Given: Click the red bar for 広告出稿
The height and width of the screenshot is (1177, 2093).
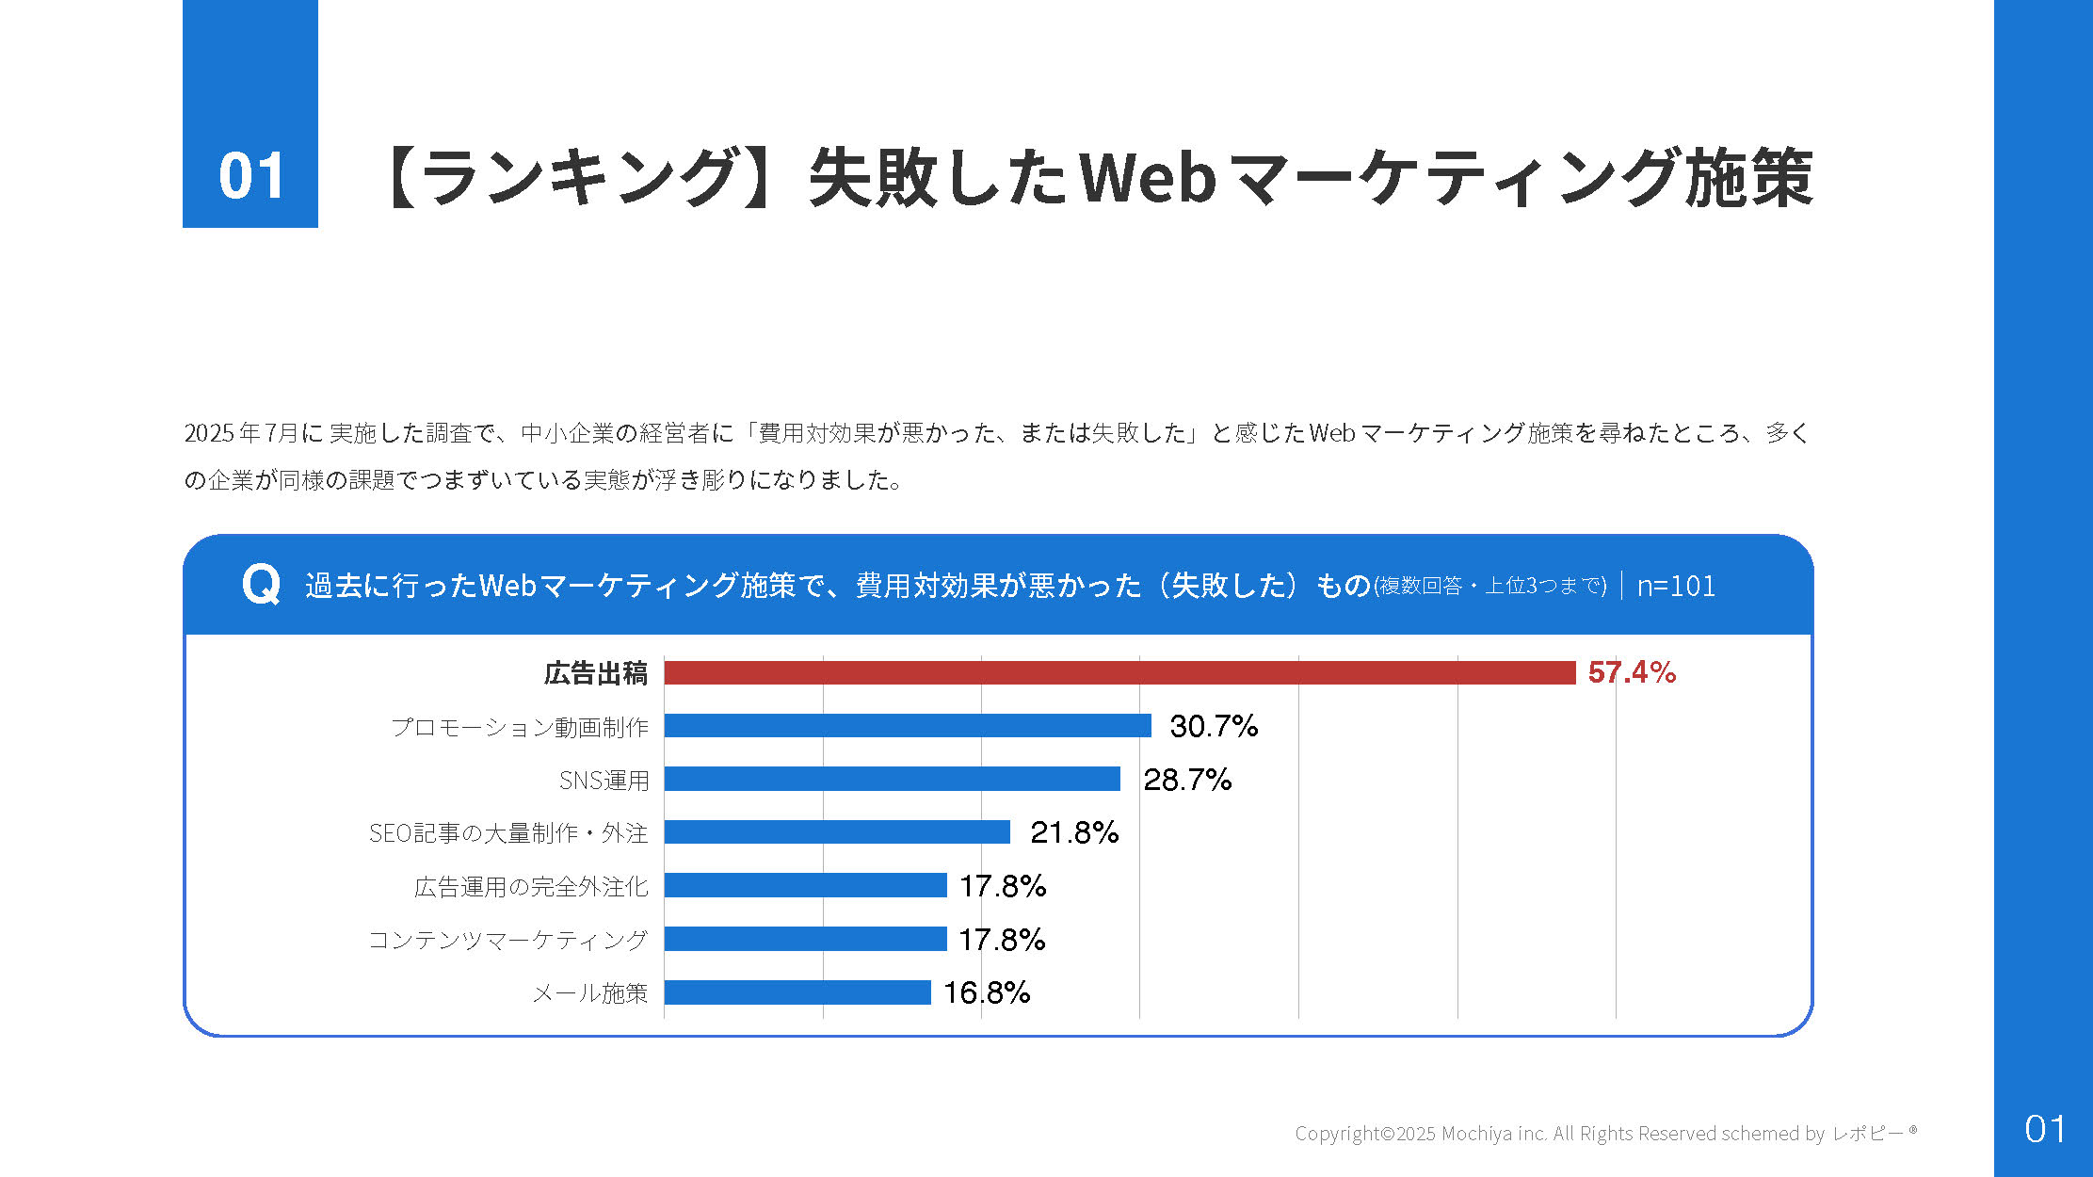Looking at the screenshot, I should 1119,672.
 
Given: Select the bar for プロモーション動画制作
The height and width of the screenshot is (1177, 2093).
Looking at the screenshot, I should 907,726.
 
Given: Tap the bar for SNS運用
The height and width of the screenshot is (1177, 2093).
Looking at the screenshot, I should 892,779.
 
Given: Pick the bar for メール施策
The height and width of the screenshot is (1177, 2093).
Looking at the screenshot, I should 797,992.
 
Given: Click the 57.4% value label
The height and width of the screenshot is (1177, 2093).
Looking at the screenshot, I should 1631,672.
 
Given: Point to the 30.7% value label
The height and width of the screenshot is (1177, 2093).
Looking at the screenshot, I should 1213,726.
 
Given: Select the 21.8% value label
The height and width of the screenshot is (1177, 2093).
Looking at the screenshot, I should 1073,832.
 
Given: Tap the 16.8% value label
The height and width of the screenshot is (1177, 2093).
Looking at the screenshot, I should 986,992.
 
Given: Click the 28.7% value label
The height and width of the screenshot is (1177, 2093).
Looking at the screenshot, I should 1186,780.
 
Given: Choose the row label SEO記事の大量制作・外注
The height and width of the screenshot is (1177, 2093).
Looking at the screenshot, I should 507,833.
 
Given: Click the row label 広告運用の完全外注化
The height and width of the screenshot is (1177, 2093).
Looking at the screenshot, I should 531,887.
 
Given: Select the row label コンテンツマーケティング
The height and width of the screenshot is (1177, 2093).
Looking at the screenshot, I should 507,940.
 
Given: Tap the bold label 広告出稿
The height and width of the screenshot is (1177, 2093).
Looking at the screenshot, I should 595,673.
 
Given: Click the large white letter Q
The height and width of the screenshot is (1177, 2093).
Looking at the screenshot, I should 261,585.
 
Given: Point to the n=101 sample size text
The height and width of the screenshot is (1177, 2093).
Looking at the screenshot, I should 1675,586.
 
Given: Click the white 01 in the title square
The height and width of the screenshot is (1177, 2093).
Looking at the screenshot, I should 250,176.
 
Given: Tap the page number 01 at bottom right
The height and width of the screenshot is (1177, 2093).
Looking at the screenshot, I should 2044,1129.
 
